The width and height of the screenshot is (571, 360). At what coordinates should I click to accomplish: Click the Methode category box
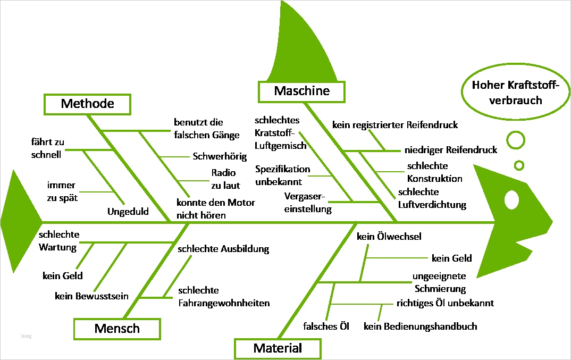(87, 104)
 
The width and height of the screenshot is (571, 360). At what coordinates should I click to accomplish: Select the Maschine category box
(301, 91)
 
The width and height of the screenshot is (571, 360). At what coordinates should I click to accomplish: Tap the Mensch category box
(117, 329)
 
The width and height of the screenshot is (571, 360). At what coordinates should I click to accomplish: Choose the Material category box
(278, 349)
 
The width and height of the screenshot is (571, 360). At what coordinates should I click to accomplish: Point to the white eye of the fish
(511, 199)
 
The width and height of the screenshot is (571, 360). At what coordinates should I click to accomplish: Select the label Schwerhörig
(220, 157)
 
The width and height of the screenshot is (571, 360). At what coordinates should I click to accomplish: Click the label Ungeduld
(128, 211)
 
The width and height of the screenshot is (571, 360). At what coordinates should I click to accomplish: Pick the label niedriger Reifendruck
(450, 150)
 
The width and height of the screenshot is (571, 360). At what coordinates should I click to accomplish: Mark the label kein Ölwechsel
(389, 237)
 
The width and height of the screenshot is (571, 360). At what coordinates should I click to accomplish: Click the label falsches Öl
(326, 326)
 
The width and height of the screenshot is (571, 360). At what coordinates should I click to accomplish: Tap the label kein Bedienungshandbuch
(420, 326)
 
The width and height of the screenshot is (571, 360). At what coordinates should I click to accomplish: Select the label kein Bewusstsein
(91, 296)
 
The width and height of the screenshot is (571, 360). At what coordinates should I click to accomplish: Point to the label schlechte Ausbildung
(223, 249)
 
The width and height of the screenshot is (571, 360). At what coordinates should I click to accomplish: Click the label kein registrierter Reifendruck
(395, 125)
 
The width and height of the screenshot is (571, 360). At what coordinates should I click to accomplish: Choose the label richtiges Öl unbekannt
(445, 303)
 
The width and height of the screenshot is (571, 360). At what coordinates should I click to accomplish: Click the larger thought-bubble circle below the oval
(515, 140)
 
